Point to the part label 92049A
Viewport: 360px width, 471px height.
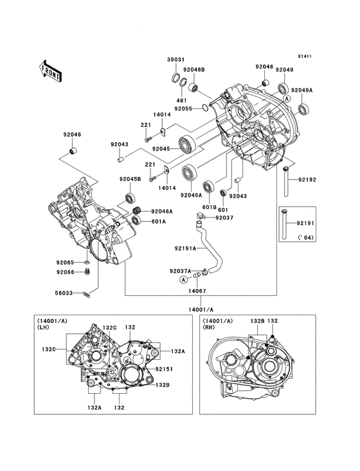pyautogui.click(x=301, y=90)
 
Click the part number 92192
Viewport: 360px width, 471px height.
pyautogui.click(x=305, y=181)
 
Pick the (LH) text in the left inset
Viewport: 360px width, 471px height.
pyautogui.click(x=43, y=328)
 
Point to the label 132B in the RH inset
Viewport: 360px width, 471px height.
pyautogui.click(x=257, y=320)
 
